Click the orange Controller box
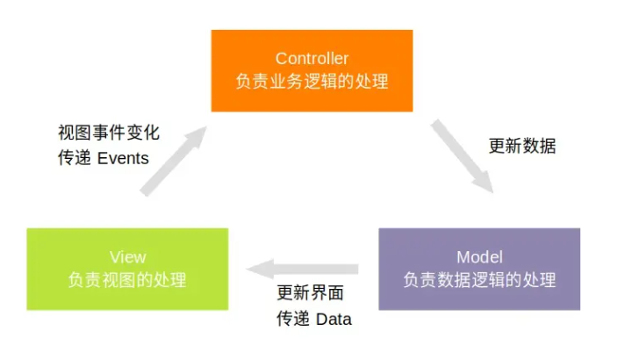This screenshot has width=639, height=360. point(312,70)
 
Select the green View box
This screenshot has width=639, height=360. point(127,269)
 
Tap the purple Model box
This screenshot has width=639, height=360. point(479,269)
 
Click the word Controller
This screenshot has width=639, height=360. point(312,59)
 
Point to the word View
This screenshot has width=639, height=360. point(127,257)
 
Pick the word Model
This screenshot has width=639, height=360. point(479,257)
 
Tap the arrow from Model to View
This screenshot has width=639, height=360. point(303,269)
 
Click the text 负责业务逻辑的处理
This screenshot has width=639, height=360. point(312,83)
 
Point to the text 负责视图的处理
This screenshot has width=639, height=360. point(127,281)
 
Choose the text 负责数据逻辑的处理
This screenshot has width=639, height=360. point(479,281)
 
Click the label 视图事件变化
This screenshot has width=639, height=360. point(108,133)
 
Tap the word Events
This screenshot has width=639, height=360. point(123,159)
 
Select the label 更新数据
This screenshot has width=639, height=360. point(522,146)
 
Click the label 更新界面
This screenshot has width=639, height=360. point(311,293)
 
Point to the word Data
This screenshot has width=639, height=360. point(334,319)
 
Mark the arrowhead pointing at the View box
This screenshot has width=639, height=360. point(257,269)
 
